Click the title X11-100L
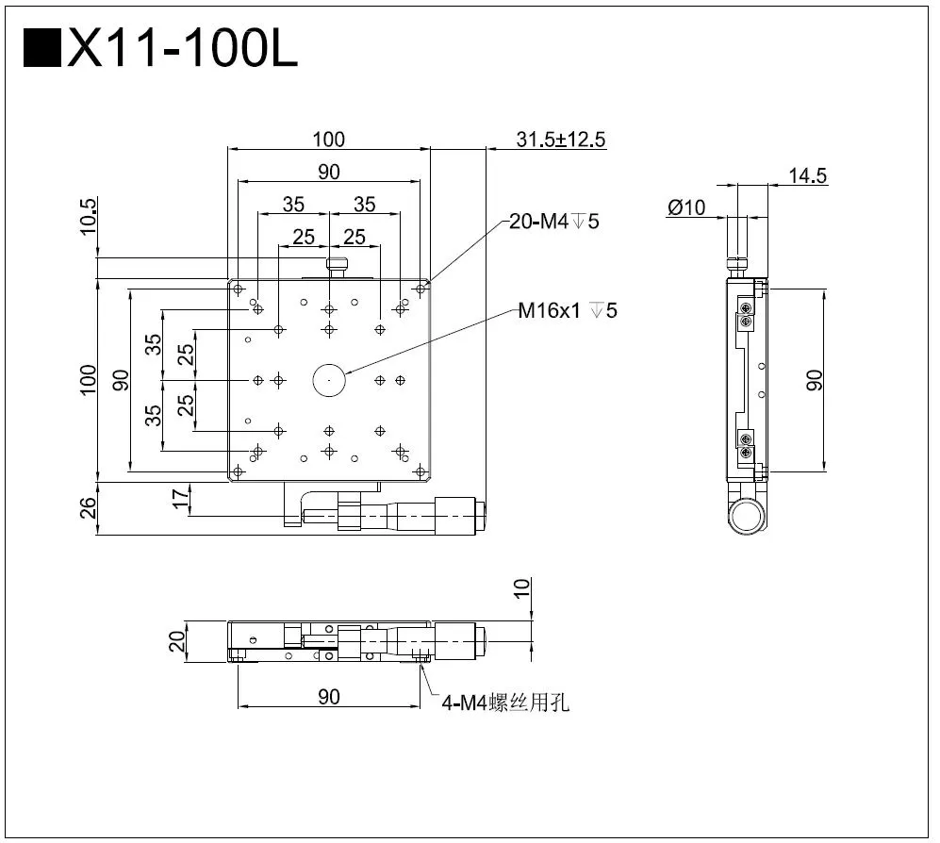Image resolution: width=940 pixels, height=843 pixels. coord(183,49)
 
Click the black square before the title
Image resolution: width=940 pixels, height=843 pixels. coord(41,49)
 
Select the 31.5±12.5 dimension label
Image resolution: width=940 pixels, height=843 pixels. coord(561,140)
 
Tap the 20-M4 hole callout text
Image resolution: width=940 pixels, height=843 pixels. coord(553,222)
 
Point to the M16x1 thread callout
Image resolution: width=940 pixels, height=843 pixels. coord(568,309)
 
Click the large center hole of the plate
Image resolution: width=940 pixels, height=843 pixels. coord(329,380)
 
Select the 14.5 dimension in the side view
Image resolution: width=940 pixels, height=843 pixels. coord(808,175)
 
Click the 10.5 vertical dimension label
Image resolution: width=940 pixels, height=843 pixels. coord(89,216)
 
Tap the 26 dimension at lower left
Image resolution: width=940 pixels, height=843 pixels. coord(89,509)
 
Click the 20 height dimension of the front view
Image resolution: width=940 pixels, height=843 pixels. coord(175,642)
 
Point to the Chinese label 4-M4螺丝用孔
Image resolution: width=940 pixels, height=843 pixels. coord(506,702)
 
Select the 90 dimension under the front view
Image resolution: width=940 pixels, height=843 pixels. coord(328,697)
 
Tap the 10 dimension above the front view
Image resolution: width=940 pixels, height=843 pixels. coord(523,589)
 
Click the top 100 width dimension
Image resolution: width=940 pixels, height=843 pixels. coord(328,140)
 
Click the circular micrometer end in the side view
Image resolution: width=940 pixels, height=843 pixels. coord(747,516)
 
